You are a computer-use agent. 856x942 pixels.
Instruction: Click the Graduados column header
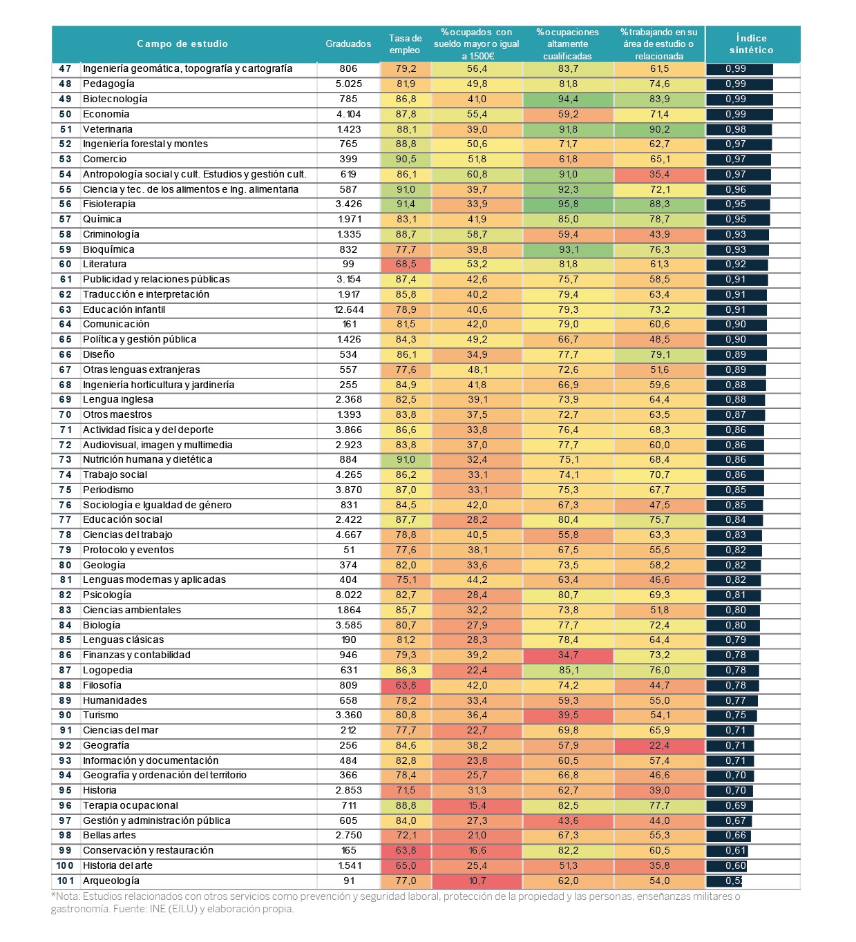click(x=348, y=44)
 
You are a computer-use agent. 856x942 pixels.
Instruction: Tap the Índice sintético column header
click(x=751, y=44)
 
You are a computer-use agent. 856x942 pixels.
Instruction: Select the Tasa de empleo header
click(x=405, y=44)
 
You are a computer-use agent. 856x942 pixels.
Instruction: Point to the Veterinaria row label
click(x=108, y=129)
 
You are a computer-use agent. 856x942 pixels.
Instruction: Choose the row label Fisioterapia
click(x=109, y=204)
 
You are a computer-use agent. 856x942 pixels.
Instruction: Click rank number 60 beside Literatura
click(x=66, y=264)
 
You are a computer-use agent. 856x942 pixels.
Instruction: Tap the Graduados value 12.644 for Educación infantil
click(x=349, y=309)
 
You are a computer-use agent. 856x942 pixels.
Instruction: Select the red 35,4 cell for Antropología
click(x=659, y=175)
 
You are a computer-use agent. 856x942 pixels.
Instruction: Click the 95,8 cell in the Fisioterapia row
click(x=568, y=204)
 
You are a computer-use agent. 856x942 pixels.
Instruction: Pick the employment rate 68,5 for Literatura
click(x=406, y=265)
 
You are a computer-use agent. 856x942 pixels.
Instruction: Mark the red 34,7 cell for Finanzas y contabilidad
click(x=568, y=655)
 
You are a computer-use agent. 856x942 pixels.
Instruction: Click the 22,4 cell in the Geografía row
click(x=659, y=745)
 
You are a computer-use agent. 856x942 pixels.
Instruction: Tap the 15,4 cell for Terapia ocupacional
click(x=477, y=805)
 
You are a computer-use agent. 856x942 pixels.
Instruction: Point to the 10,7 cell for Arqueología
click(x=477, y=881)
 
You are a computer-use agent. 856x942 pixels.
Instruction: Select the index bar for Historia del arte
click(x=726, y=865)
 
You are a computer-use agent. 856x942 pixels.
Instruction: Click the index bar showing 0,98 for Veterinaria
click(x=739, y=129)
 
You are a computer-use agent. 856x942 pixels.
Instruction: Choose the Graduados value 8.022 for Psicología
click(x=349, y=595)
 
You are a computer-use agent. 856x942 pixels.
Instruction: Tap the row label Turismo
click(x=101, y=715)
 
